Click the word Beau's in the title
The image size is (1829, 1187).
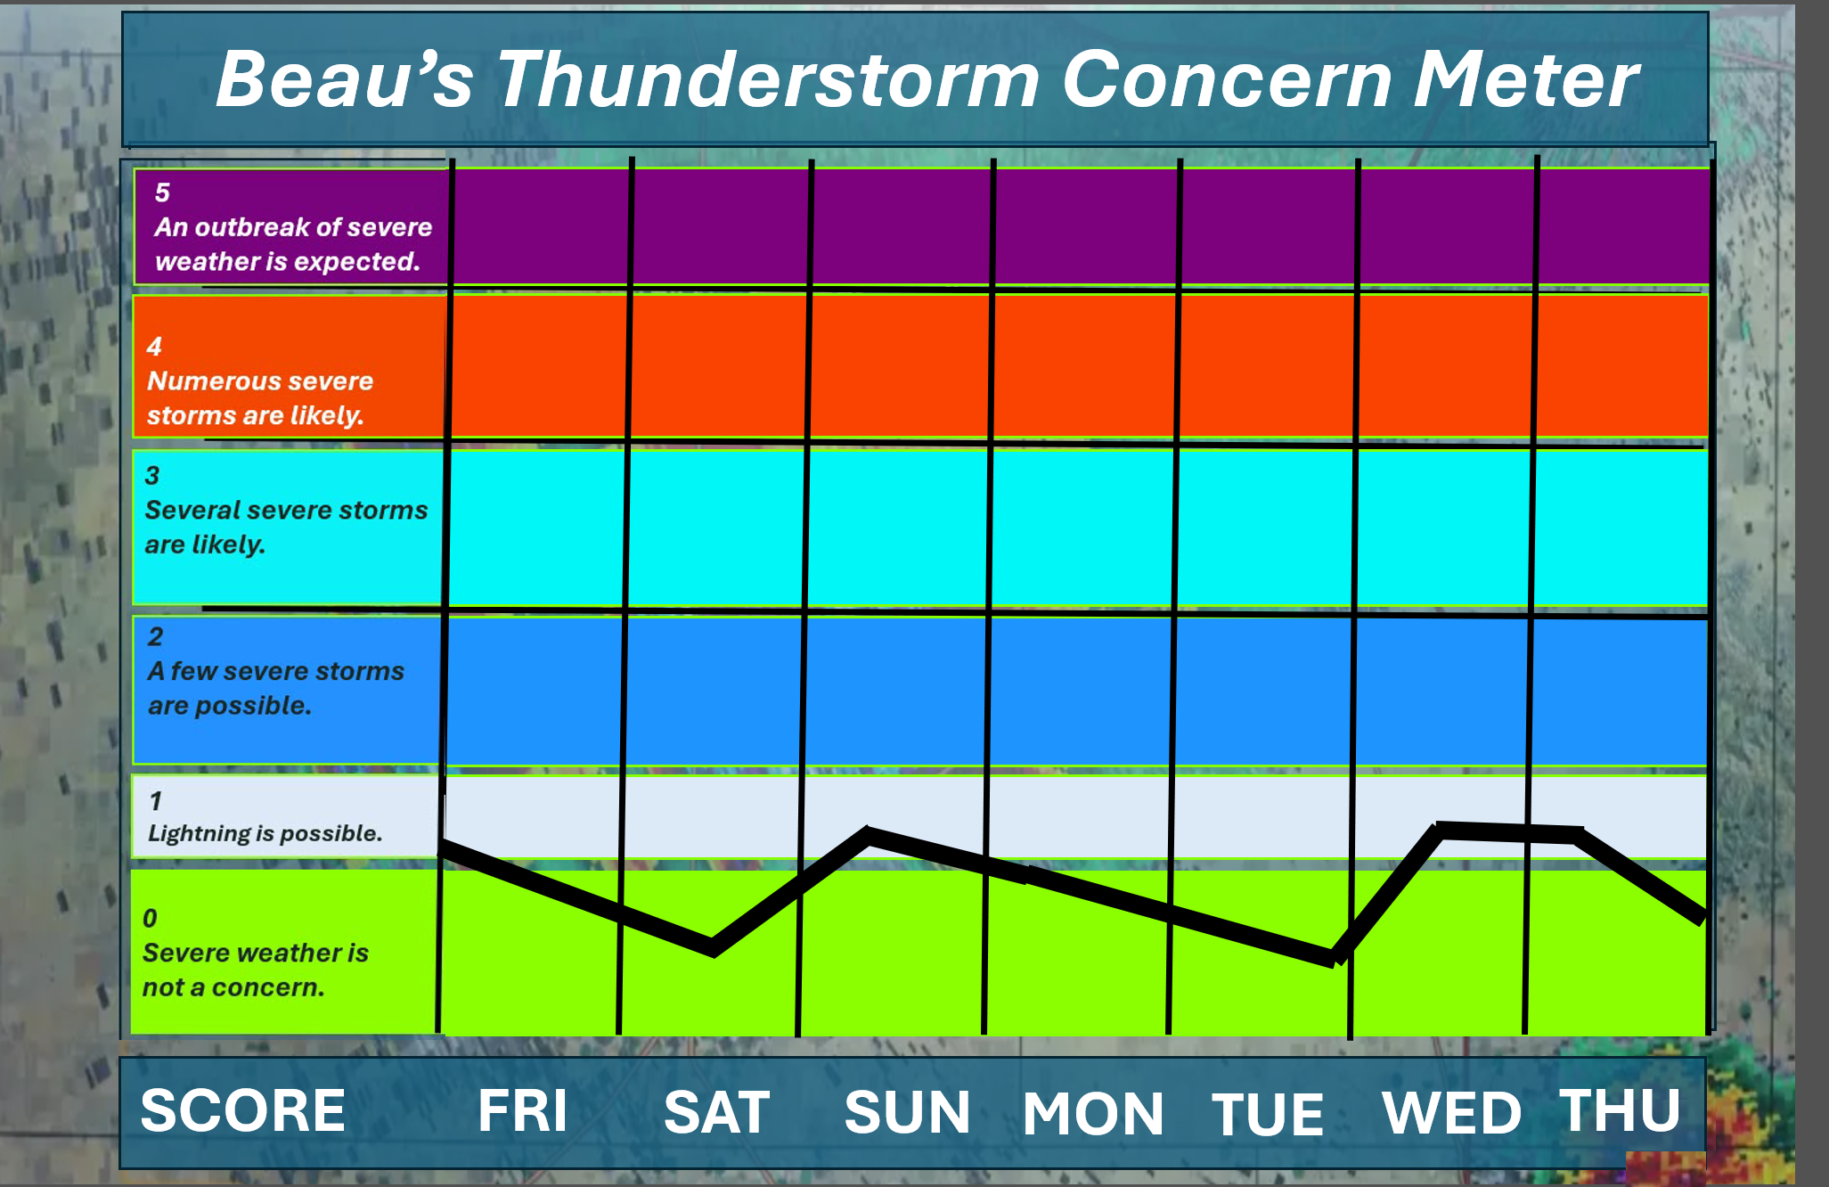[x=345, y=79]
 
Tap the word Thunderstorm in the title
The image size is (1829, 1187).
[x=768, y=79]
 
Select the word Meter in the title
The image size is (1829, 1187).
[x=1527, y=79]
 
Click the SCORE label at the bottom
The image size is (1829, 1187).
[x=242, y=1110]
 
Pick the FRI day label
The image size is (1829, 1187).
[x=522, y=1111]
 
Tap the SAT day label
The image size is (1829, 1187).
[x=716, y=1112]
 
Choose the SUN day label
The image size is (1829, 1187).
[x=907, y=1112]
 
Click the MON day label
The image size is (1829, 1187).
[x=1093, y=1114]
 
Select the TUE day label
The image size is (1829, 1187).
[x=1267, y=1114]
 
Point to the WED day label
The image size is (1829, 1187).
[x=1451, y=1113]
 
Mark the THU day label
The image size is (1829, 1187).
[x=1620, y=1110]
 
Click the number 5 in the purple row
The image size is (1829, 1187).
[x=162, y=192]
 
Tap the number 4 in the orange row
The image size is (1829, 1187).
[x=154, y=347]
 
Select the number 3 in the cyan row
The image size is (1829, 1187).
[x=152, y=476]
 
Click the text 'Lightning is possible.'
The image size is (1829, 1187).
[x=265, y=833]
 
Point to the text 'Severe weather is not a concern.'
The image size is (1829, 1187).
[x=256, y=970]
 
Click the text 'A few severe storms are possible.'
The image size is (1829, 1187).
[x=276, y=688]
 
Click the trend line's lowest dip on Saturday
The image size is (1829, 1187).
[x=713, y=948]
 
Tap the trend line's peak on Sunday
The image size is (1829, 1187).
[x=869, y=835]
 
